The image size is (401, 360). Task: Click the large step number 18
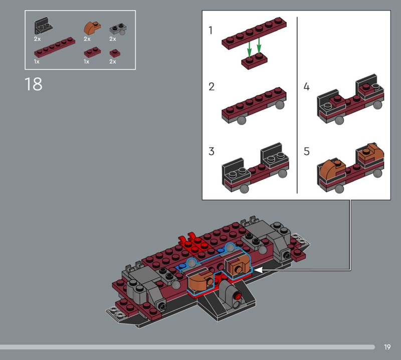click(x=33, y=84)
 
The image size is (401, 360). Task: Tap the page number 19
click(x=387, y=347)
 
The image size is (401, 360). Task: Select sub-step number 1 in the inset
click(x=211, y=31)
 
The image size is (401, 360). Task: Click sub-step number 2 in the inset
click(x=212, y=87)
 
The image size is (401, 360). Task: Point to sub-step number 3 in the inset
click(x=212, y=151)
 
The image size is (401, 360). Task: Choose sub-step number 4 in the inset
click(x=306, y=87)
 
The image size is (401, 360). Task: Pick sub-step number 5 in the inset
click(x=306, y=151)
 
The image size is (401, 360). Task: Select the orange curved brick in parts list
click(x=91, y=27)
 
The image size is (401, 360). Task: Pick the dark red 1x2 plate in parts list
click(x=91, y=52)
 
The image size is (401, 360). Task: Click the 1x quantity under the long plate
click(x=37, y=61)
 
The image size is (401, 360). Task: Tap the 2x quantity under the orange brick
click(x=87, y=39)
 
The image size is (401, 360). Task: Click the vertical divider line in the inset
click(x=297, y=105)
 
